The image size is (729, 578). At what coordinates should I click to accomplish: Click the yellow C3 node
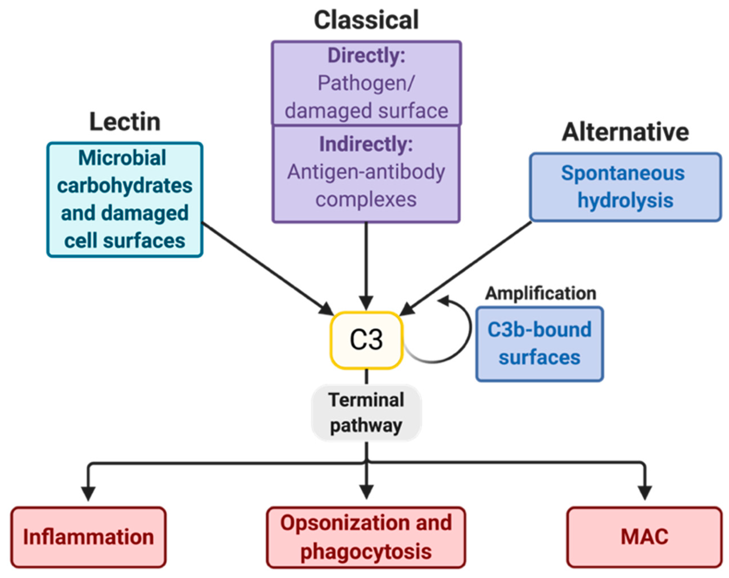coord(366,340)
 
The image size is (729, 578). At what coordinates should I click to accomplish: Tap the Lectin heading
coord(125,122)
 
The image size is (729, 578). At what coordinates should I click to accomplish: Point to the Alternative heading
coord(625,132)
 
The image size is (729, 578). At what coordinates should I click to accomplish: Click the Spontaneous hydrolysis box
coord(625,187)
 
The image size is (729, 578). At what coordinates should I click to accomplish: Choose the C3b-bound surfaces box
coord(540,344)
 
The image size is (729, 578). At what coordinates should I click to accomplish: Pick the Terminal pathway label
coord(366,412)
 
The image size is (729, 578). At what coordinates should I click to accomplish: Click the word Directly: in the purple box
coord(366,56)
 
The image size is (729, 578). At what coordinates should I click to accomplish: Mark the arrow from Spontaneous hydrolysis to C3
coord(465,268)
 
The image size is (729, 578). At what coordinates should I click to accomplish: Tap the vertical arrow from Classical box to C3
coord(366,266)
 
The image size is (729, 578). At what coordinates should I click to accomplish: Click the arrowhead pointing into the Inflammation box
coord(88,494)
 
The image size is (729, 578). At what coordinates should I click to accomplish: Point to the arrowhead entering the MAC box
coord(645,493)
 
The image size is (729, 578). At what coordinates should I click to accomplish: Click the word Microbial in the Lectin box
coord(122,158)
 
